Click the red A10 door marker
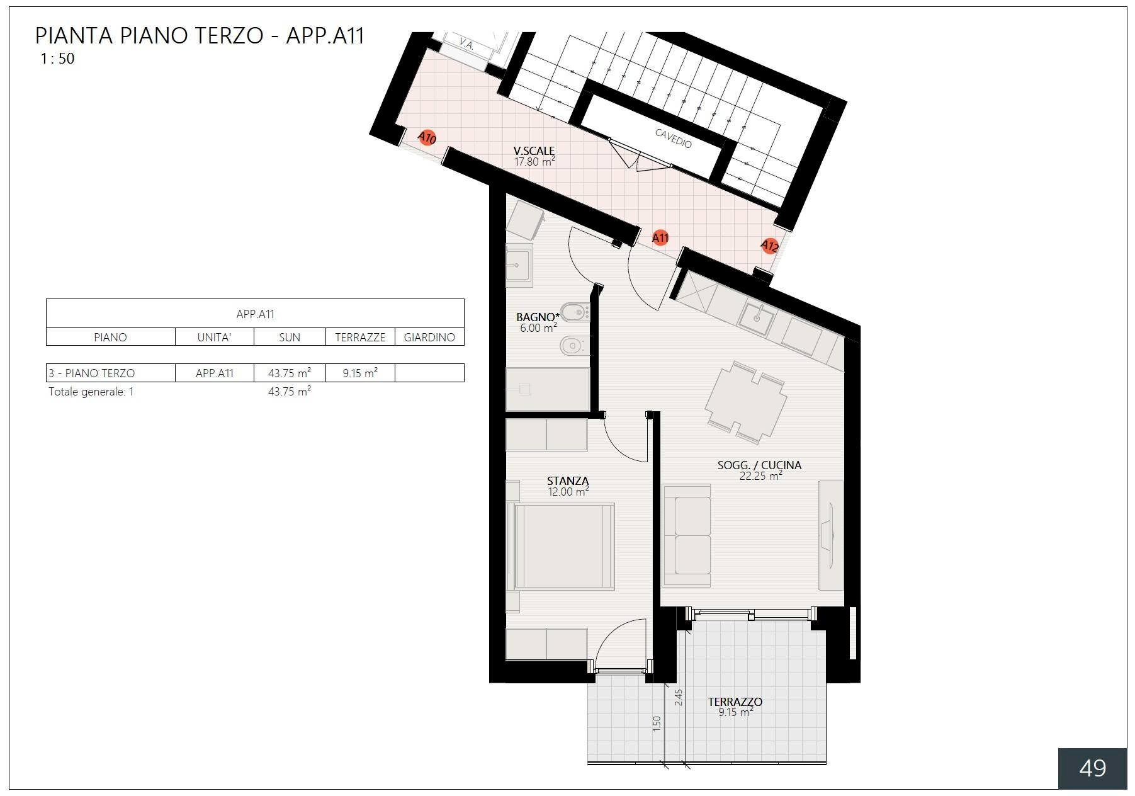tap(427, 137)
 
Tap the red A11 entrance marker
tap(660, 237)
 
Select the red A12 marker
tap(769, 246)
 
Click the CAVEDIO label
tap(673, 138)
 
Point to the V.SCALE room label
tap(534, 151)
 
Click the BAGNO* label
tap(538, 317)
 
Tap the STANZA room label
tap(568, 481)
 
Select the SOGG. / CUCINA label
tap(759, 465)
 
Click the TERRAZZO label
tap(735, 702)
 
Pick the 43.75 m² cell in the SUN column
tap(289, 373)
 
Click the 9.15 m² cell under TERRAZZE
tap(360, 373)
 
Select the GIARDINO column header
tap(429, 338)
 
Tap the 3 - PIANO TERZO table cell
tap(92, 373)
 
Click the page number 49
tap(1092, 768)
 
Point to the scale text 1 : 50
tap(57, 59)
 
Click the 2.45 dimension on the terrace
tap(679, 697)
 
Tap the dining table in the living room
tap(745, 402)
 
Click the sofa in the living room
tap(686, 535)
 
